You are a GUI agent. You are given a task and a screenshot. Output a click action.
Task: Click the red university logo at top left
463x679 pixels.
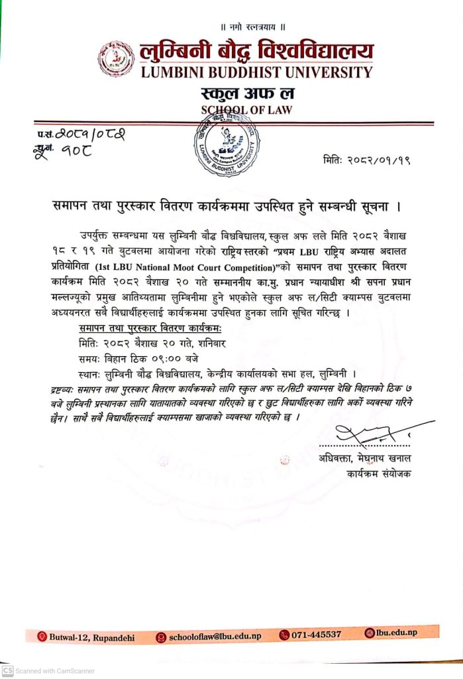pos(116,58)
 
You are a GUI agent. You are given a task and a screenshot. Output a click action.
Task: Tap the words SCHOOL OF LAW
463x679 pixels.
pos(246,109)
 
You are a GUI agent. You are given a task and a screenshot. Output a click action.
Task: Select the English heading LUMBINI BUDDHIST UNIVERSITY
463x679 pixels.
pos(256,72)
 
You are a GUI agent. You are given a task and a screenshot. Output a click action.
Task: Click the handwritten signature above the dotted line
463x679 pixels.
pos(371,434)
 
